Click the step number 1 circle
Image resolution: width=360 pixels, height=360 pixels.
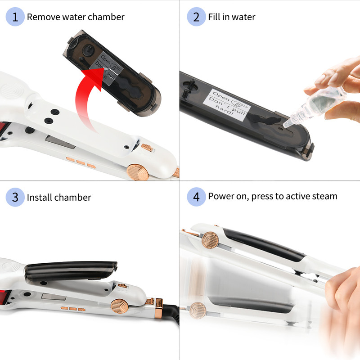tap(15, 17)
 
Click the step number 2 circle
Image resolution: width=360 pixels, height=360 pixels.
tap(196, 17)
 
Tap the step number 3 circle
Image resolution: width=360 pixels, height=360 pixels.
tap(15, 197)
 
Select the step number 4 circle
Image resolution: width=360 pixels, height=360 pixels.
tap(196, 197)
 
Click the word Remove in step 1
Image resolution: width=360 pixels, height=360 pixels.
tap(43, 17)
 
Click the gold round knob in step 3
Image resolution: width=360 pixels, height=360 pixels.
tap(120, 306)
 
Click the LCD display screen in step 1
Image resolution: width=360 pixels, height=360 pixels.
tap(60, 142)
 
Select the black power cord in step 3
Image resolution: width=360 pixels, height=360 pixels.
tap(172, 313)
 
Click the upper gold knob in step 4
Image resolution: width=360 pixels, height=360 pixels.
tap(210, 240)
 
